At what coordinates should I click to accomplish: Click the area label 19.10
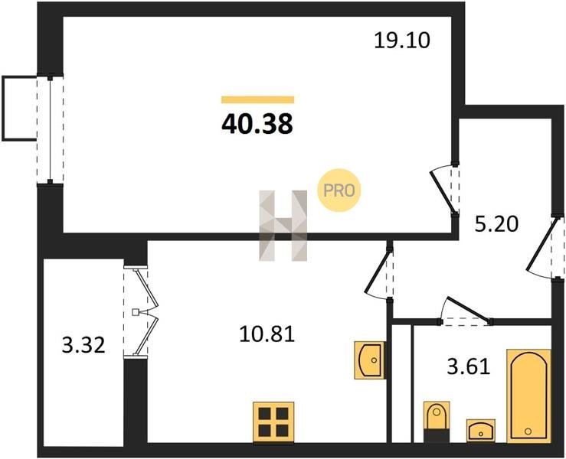402,41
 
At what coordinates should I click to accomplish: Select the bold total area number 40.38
257,124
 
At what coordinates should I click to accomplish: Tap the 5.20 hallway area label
496,224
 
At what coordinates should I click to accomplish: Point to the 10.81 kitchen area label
267,334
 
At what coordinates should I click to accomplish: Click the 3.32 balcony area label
83,346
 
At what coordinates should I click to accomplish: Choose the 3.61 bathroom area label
469,367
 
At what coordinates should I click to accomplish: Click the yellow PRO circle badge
339,190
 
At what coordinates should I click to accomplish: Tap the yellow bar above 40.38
258,100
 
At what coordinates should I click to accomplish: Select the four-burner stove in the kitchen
273,422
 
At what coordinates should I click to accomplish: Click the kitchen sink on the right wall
369,360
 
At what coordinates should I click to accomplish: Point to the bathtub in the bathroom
528,396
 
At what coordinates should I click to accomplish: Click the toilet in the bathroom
437,422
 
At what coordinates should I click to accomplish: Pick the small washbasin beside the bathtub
480,430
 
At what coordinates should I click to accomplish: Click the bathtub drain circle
528,431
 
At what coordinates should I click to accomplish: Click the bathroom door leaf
469,309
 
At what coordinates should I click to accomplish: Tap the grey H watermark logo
283,226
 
